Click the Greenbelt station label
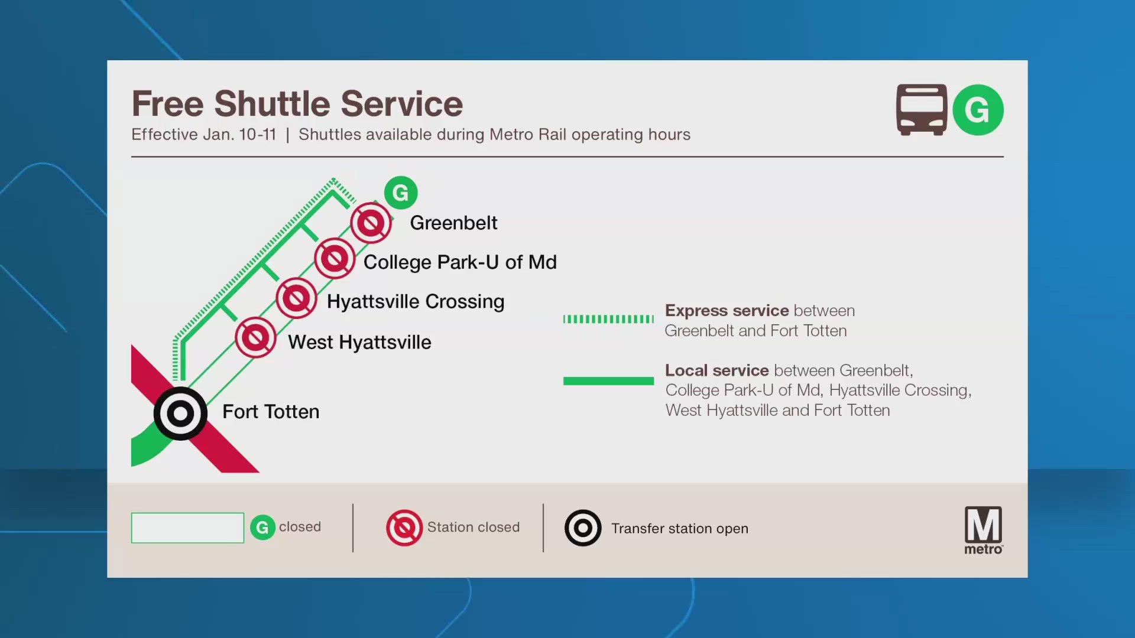click(453, 223)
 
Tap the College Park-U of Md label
click(460, 262)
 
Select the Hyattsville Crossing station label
click(415, 301)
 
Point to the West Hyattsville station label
click(359, 342)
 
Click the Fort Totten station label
click(271, 412)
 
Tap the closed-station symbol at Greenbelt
click(371, 223)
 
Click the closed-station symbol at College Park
click(335, 259)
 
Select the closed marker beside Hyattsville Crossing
click(297, 298)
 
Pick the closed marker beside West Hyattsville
click(255, 337)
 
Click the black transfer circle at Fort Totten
click(180, 414)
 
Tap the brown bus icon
click(921, 110)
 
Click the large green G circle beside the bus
click(978, 110)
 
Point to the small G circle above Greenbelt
click(401, 193)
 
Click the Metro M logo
click(983, 529)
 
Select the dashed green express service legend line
click(608, 320)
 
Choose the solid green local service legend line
click(608, 381)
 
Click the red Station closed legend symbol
click(404, 528)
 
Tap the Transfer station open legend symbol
click(583, 528)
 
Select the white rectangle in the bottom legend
click(187, 528)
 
